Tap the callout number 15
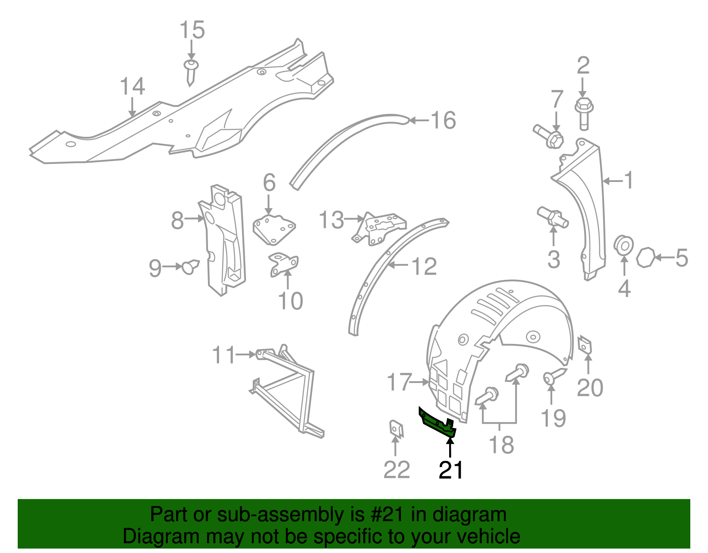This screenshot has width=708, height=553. point(192,30)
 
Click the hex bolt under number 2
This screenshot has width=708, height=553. point(584,113)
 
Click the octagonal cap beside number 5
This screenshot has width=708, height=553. point(645,258)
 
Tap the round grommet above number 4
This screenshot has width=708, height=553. point(624,245)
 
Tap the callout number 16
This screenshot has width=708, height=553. point(443,120)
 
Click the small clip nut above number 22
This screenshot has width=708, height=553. point(396,429)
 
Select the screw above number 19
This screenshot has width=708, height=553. point(553,377)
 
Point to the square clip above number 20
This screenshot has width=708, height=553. point(585,345)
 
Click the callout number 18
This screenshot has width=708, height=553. point(501,445)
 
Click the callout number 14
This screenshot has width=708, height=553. point(132,86)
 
